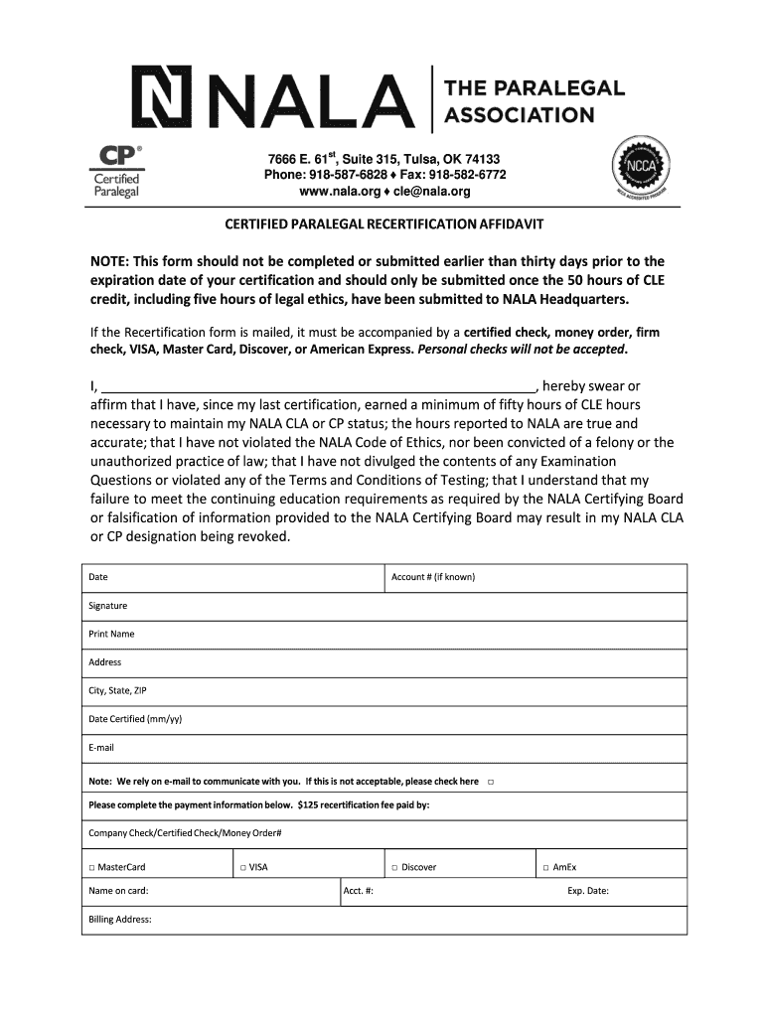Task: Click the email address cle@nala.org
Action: (x=434, y=191)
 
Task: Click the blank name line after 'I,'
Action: (x=319, y=386)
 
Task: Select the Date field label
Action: (x=98, y=577)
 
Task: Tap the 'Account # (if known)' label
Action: (x=433, y=577)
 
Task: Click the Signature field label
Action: (x=107, y=606)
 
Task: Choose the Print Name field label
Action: (x=111, y=634)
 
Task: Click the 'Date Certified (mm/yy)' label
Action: (x=135, y=719)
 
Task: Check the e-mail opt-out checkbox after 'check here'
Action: (x=491, y=782)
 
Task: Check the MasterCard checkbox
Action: (x=91, y=868)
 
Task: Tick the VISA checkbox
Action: (x=242, y=868)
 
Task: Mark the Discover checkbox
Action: (x=394, y=868)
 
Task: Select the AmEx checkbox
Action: (x=545, y=868)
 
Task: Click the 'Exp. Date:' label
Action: (x=588, y=891)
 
